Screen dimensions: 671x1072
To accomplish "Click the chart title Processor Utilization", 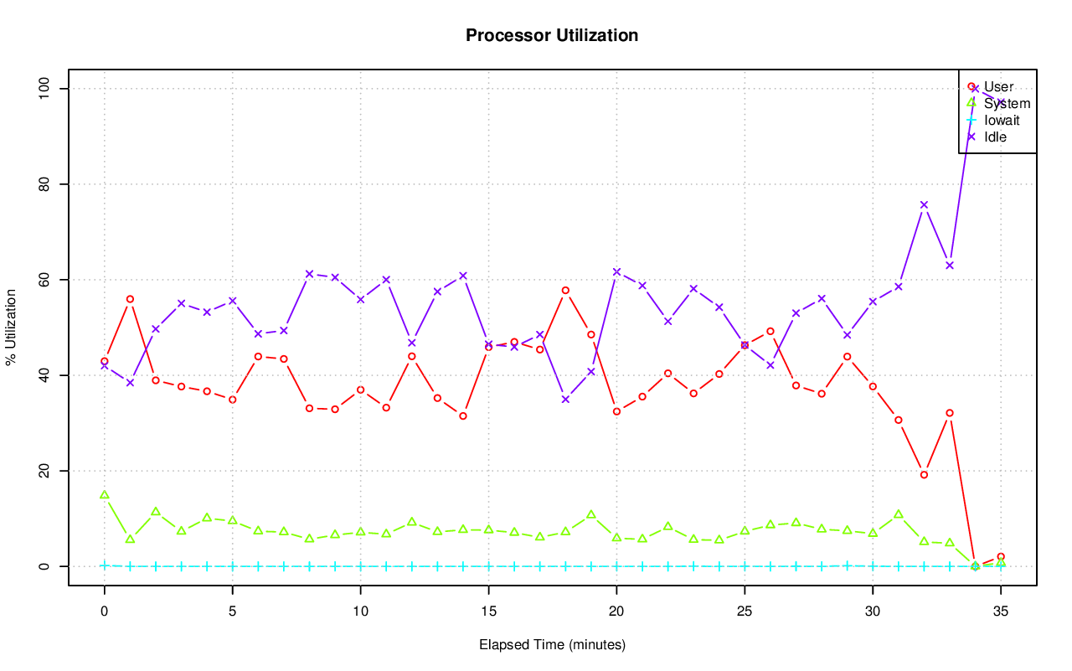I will [552, 36].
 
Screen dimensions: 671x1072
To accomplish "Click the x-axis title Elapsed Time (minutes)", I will [552, 645].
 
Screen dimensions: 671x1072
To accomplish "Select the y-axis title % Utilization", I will [12, 328].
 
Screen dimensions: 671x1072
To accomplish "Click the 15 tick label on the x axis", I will [488, 612].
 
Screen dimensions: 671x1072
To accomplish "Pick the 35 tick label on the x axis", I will [1000, 612].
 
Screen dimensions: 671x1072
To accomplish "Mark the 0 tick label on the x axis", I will [105, 612].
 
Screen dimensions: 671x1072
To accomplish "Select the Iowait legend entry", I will [1002, 120].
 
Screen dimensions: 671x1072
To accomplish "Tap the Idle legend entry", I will [995, 137].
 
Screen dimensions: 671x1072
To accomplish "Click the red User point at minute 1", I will [130, 299].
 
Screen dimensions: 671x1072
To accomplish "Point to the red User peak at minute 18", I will [565, 291].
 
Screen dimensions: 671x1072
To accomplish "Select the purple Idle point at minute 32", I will [924, 204].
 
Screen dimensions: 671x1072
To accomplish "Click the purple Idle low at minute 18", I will [565, 400].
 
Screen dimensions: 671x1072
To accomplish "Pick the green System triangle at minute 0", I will [105, 495].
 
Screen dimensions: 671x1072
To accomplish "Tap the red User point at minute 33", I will [949, 413].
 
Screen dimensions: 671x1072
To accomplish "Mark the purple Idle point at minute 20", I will [616, 271].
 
